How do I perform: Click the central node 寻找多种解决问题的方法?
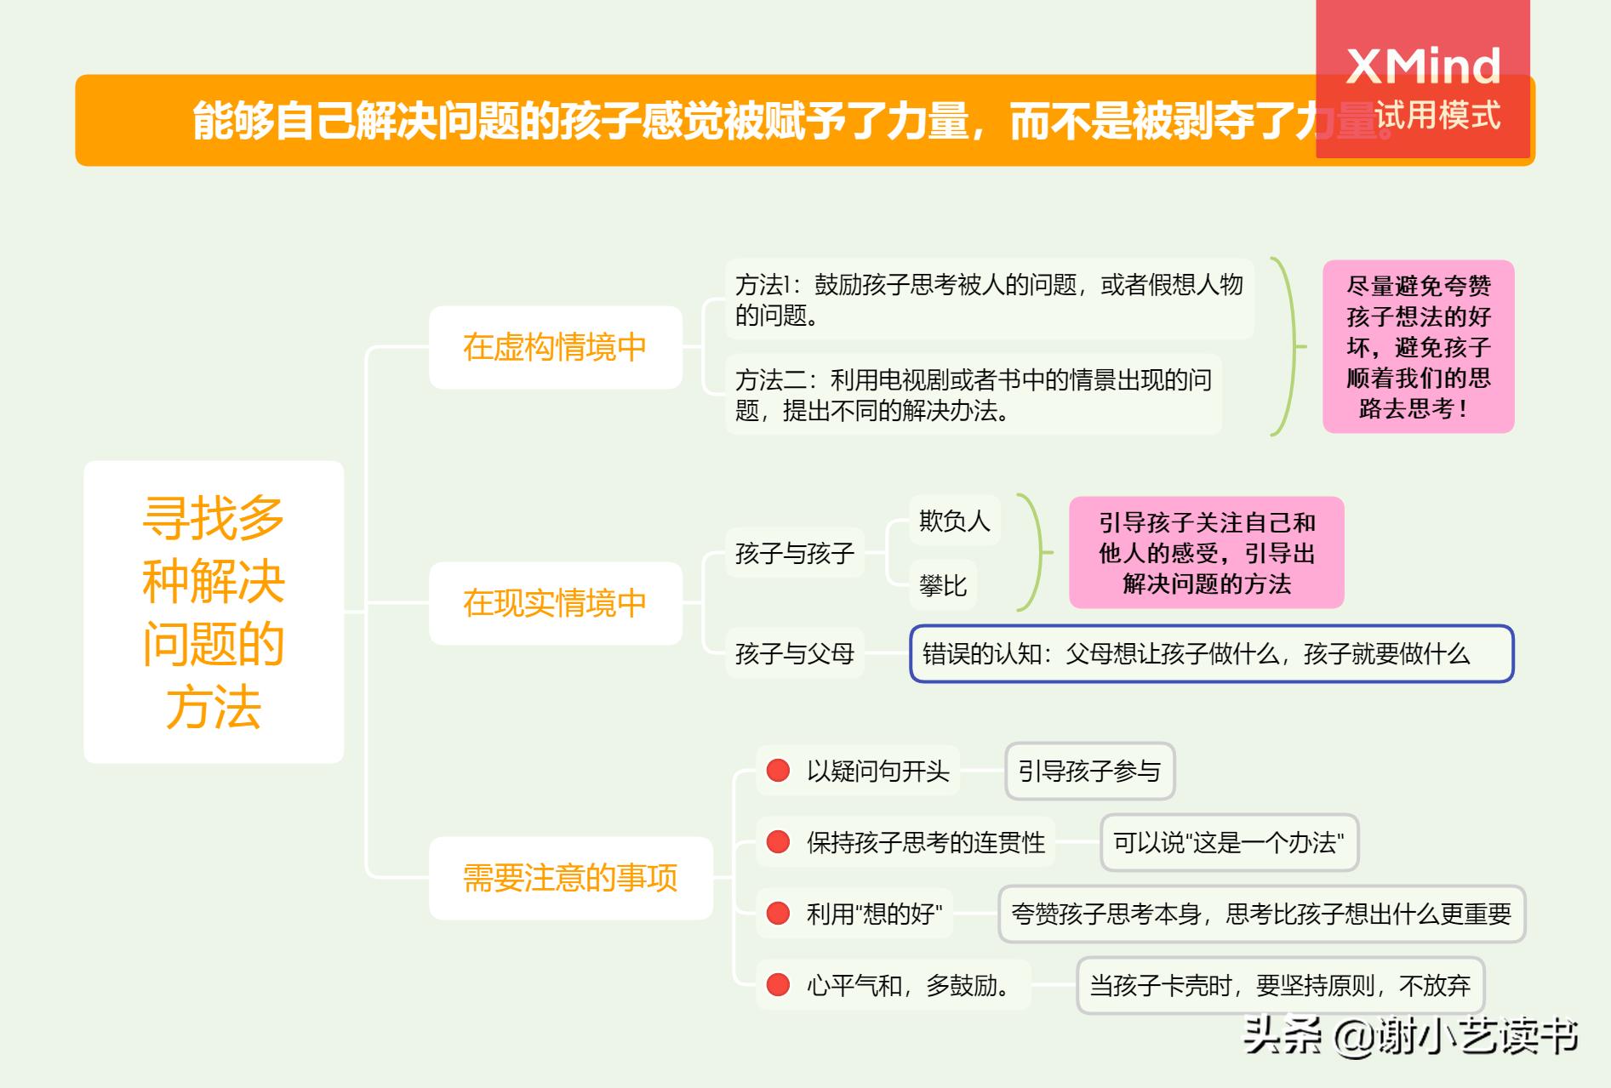click(x=214, y=612)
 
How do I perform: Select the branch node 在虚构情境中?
click(x=555, y=347)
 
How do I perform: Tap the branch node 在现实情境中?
click(x=555, y=603)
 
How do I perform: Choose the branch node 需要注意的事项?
click(x=570, y=878)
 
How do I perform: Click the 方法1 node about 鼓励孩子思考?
click(x=989, y=299)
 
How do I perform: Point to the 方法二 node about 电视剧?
click(x=973, y=395)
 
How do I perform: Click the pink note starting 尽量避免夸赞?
click(x=1418, y=346)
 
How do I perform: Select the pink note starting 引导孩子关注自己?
click(x=1206, y=553)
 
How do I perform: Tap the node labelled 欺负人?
click(x=954, y=521)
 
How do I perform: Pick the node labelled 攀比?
click(x=943, y=585)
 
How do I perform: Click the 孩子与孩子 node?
click(x=794, y=553)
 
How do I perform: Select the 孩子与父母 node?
click(x=794, y=653)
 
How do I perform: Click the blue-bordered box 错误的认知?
click(x=1211, y=653)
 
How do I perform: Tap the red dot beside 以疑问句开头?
click(x=778, y=771)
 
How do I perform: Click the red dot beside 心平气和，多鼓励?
click(x=778, y=985)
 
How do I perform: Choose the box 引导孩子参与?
click(x=1089, y=771)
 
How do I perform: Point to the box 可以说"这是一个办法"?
click(x=1228, y=842)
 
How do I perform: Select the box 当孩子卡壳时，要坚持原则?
click(x=1280, y=985)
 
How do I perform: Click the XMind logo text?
click(x=1423, y=66)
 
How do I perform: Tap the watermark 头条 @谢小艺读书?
click(x=1411, y=1036)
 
